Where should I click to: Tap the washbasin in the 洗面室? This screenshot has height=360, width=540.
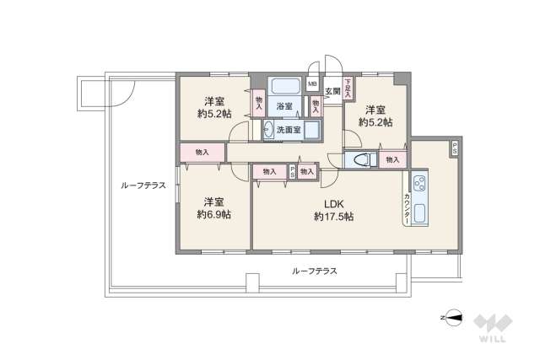tap(269, 129)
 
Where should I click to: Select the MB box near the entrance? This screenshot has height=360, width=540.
tap(312, 84)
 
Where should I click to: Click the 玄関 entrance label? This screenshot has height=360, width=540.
tap(332, 91)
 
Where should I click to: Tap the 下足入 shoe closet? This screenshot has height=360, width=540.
tap(348, 88)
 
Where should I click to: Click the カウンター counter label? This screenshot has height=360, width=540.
tap(408, 207)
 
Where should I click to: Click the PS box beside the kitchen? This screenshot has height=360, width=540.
tap(455, 148)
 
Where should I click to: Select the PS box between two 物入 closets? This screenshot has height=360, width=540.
tap(293, 171)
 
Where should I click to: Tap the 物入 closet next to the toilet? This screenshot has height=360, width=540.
tap(391, 159)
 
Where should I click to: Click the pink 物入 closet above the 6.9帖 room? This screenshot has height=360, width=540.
tap(202, 152)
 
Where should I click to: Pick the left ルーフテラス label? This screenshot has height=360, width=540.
tap(143, 185)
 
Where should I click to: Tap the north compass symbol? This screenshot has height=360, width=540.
tap(454, 319)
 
